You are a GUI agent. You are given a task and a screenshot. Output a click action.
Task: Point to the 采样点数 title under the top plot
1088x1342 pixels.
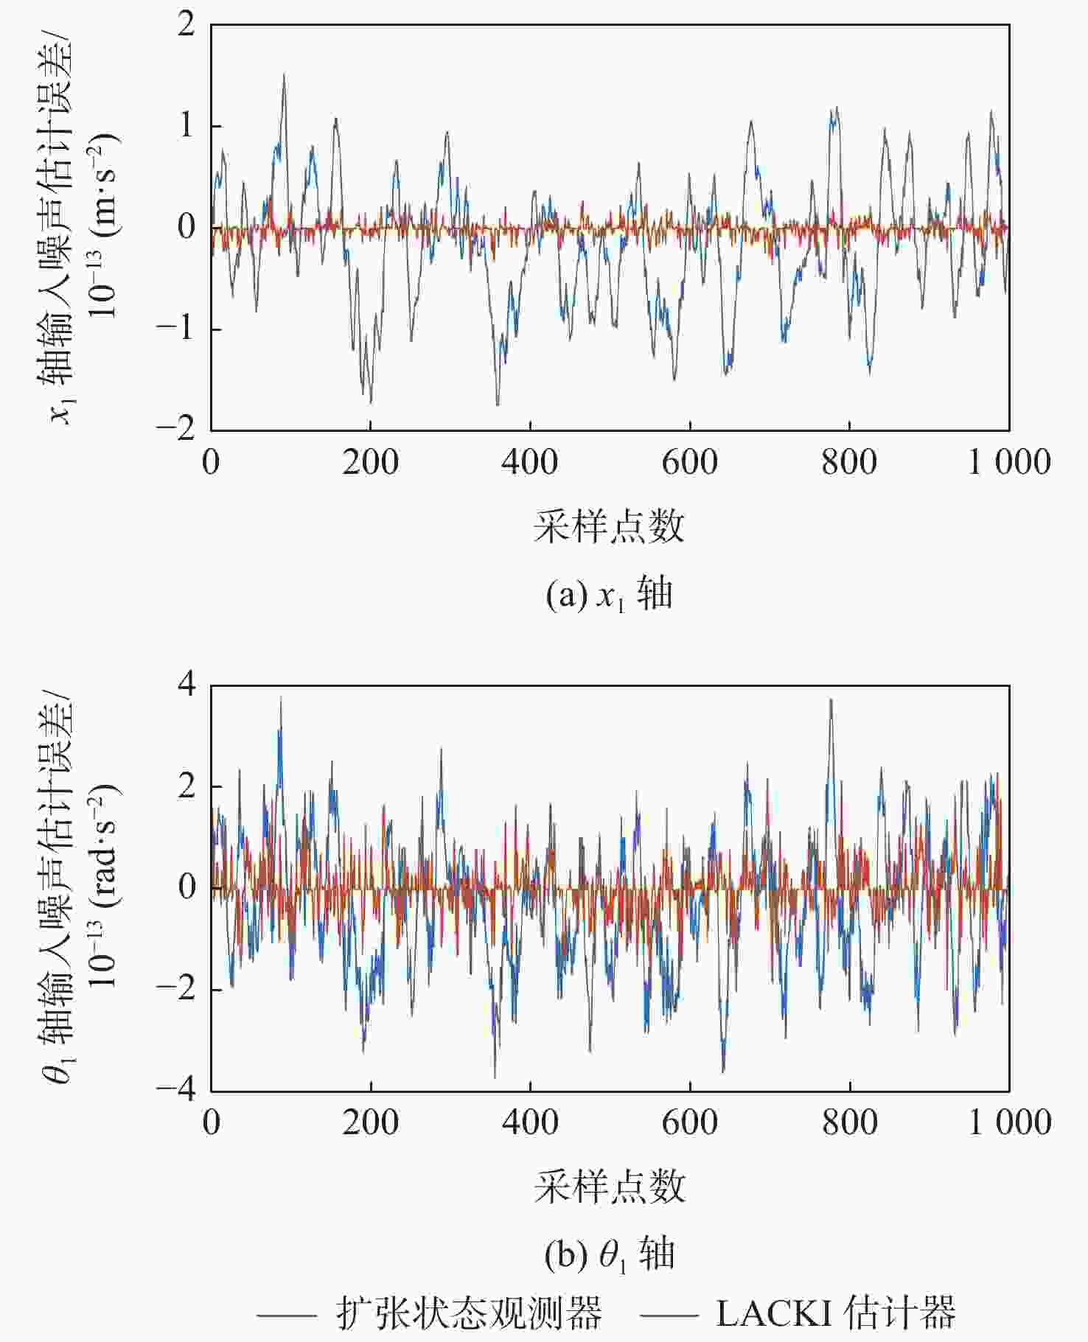(x=609, y=527)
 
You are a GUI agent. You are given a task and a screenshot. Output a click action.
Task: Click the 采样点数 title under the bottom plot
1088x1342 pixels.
(x=609, y=1187)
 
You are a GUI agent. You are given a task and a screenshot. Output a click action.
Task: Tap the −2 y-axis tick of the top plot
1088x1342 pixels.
(x=176, y=429)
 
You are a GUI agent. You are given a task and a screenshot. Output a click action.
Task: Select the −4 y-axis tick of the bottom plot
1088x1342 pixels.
(x=176, y=1089)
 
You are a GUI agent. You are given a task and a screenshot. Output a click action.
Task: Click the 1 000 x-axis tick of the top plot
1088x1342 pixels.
(x=1008, y=463)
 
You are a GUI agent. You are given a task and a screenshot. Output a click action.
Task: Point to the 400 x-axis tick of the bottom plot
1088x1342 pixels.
(x=530, y=1123)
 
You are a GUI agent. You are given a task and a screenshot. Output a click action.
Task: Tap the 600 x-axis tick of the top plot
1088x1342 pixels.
(x=689, y=463)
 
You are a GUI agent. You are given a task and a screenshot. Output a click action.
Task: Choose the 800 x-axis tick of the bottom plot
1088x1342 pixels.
(x=849, y=1123)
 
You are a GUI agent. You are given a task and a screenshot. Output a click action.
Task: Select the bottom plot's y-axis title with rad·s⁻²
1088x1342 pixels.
(x=81, y=887)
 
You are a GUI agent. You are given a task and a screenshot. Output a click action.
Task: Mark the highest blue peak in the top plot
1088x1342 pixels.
(x=284, y=74)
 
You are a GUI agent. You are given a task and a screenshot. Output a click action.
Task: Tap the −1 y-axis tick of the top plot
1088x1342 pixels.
(x=176, y=328)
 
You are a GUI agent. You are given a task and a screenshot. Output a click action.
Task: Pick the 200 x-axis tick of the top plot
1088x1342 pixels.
(x=370, y=463)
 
